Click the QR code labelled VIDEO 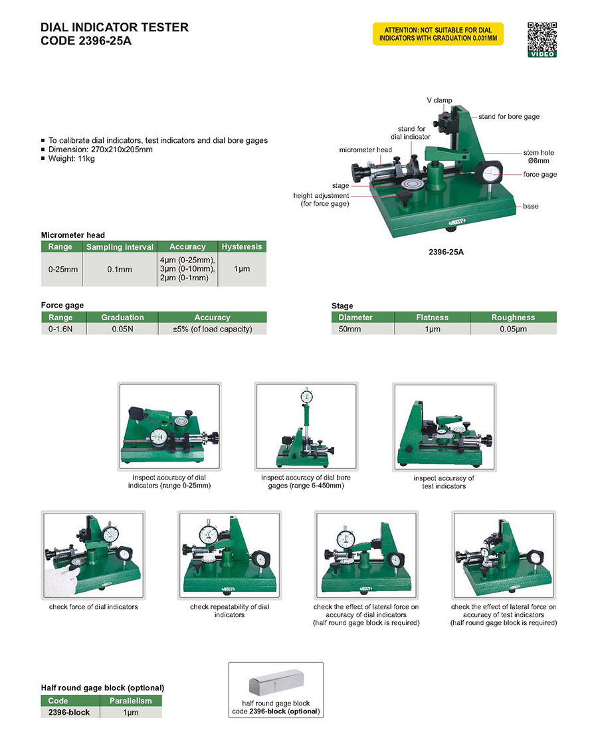point(542,39)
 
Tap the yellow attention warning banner point(438,34)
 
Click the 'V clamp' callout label point(439,100)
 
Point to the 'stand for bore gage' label point(509,116)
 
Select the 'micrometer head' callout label point(365,149)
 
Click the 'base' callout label point(530,206)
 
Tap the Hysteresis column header point(242,246)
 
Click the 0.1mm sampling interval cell point(120,270)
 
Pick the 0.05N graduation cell point(122,329)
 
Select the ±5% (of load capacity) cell point(212,329)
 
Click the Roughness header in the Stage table point(513,318)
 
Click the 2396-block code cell point(69,712)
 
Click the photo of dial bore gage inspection point(306,426)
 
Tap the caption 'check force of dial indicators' point(94,607)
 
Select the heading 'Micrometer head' point(72,234)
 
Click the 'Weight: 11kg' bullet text point(71,159)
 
